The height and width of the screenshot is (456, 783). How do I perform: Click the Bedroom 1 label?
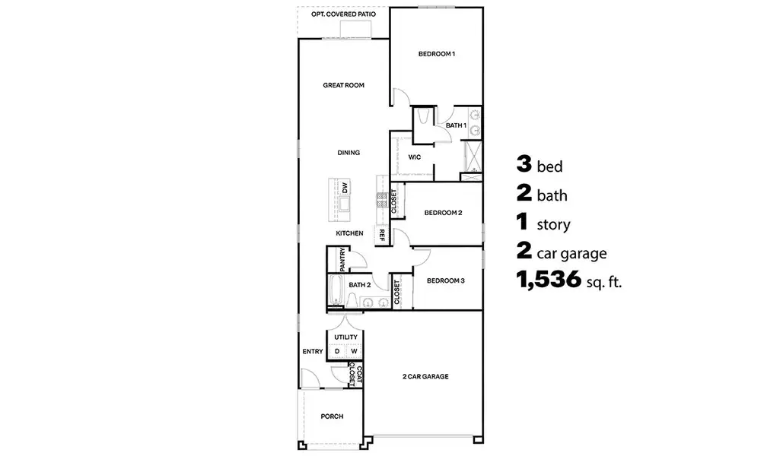pyautogui.click(x=436, y=54)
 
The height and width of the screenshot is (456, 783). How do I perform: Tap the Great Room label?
pyautogui.click(x=343, y=86)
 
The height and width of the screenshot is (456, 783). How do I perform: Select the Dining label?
pyautogui.click(x=349, y=153)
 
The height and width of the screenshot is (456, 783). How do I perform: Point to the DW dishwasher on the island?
pyautogui.click(x=345, y=186)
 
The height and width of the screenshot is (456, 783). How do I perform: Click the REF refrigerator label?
pyautogui.click(x=381, y=236)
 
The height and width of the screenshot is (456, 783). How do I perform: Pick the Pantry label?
pyautogui.click(x=343, y=259)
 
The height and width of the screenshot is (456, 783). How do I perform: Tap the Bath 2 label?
pyautogui.click(x=359, y=285)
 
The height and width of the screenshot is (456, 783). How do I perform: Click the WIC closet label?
pyautogui.click(x=415, y=157)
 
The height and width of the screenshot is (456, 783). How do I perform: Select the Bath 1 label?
pyautogui.click(x=455, y=125)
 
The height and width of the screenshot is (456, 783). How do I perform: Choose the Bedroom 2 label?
pyautogui.click(x=443, y=213)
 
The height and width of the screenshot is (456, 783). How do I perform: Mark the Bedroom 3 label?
pyautogui.click(x=445, y=280)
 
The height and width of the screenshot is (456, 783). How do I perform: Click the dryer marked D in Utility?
pyautogui.click(x=337, y=351)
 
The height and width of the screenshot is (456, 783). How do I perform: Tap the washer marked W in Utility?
pyautogui.click(x=354, y=351)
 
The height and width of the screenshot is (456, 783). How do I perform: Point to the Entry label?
pyautogui.click(x=313, y=351)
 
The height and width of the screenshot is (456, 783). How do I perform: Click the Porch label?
pyautogui.click(x=332, y=416)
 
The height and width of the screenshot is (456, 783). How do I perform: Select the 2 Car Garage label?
pyautogui.click(x=425, y=376)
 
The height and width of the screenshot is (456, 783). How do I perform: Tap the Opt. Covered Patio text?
pyautogui.click(x=343, y=14)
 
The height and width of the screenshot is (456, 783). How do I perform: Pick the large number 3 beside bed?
pyautogui.click(x=524, y=164)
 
